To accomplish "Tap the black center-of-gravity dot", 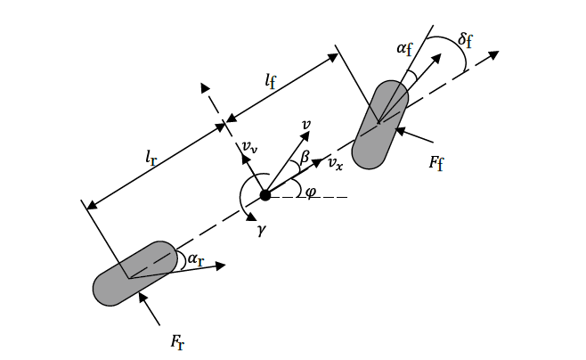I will (x=265, y=195).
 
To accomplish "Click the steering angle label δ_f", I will (x=465, y=41).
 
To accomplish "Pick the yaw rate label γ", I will (x=261, y=230).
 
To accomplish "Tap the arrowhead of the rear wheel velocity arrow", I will (x=223, y=264).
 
